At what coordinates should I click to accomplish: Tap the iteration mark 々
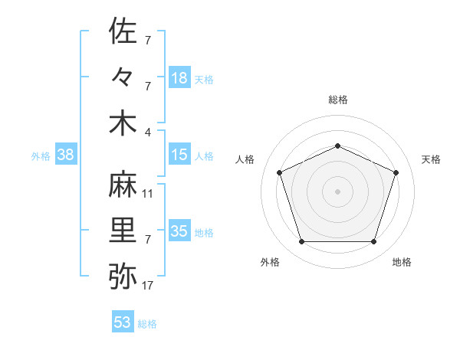point(123,77)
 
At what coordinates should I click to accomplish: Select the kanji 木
point(123,123)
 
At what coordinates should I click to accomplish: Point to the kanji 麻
point(123,185)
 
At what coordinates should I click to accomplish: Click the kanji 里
point(123,231)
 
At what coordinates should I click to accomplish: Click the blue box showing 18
point(179,78)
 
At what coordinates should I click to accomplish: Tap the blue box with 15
point(179,155)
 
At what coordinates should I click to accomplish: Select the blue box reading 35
point(179,231)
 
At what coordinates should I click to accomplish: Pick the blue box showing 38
point(66,155)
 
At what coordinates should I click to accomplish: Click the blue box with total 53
point(123,322)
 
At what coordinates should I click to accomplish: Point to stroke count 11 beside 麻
point(148,194)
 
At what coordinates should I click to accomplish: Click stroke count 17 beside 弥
point(148,286)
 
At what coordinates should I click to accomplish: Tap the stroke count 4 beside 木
point(149,132)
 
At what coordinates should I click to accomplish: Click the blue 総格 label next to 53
point(147,324)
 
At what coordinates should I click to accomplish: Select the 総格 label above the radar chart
point(337,100)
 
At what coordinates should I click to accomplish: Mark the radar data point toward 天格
point(396,172)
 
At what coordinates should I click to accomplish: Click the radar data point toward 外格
point(301,242)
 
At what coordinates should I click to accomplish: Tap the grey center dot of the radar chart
point(337,191)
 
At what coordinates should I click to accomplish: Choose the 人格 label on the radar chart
point(245,159)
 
